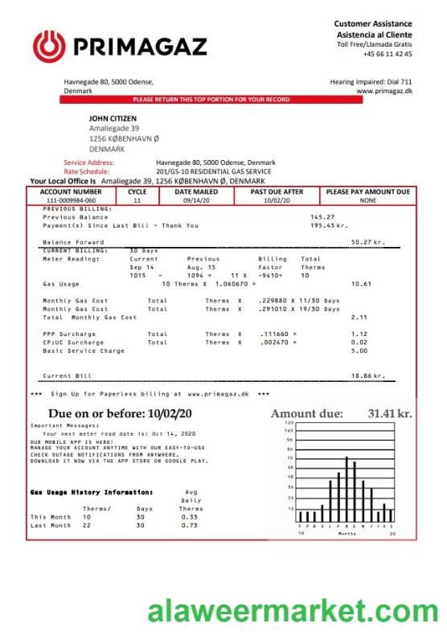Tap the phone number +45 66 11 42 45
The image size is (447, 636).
(x=388, y=55)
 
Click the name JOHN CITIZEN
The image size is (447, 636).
(x=113, y=118)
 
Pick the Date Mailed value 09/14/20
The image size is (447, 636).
(x=195, y=200)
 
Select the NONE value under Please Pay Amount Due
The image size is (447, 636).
(x=368, y=200)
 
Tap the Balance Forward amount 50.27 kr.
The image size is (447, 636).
(x=367, y=241)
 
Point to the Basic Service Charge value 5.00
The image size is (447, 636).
(x=359, y=351)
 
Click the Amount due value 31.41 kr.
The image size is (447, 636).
(x=390, y=413)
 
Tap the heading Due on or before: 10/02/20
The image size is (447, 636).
(x=121, y=413)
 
